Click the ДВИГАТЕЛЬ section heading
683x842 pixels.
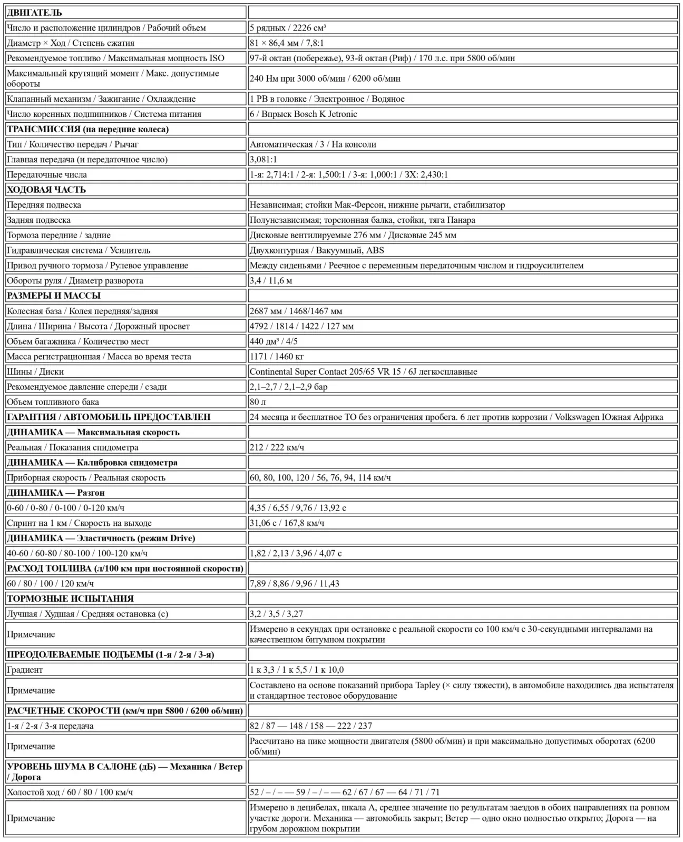(34, 13)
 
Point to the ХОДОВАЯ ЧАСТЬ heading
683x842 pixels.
(46, 190)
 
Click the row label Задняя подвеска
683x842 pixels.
(39, 220)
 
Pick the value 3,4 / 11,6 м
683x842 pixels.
(271, 281)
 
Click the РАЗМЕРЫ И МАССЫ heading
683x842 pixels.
(54, 296)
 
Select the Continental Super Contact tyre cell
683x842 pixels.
(363, 371)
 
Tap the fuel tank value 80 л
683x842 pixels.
(258, 402)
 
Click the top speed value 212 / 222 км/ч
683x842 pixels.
(277, 447)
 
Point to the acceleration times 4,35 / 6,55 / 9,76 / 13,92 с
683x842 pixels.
(298, 508)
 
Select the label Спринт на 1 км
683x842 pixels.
(79, 523)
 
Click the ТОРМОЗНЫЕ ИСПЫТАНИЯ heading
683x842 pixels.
(70, 599)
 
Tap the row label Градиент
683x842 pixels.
(25, 670)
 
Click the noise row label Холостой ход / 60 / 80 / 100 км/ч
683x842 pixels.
(70, 792)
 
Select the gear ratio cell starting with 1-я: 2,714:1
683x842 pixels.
(348, 174)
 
